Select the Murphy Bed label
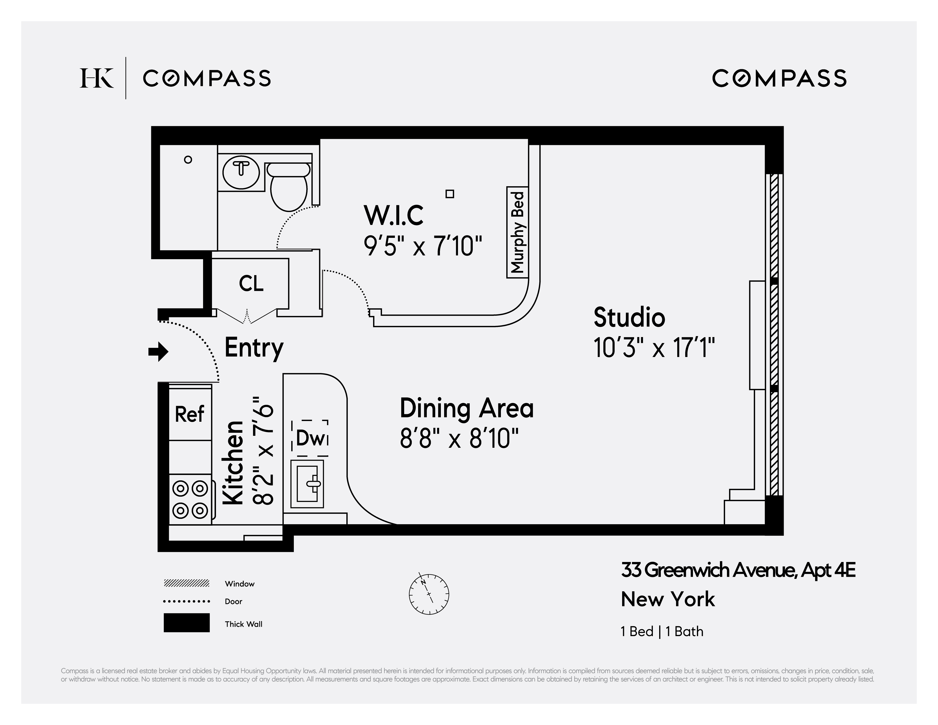518,232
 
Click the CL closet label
251,284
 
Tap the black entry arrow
159,352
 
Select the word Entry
254,347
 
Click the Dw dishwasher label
310,438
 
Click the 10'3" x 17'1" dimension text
654,347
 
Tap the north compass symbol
429,594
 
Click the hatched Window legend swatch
186,583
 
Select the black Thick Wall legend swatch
186,623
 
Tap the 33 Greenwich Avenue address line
738,570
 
